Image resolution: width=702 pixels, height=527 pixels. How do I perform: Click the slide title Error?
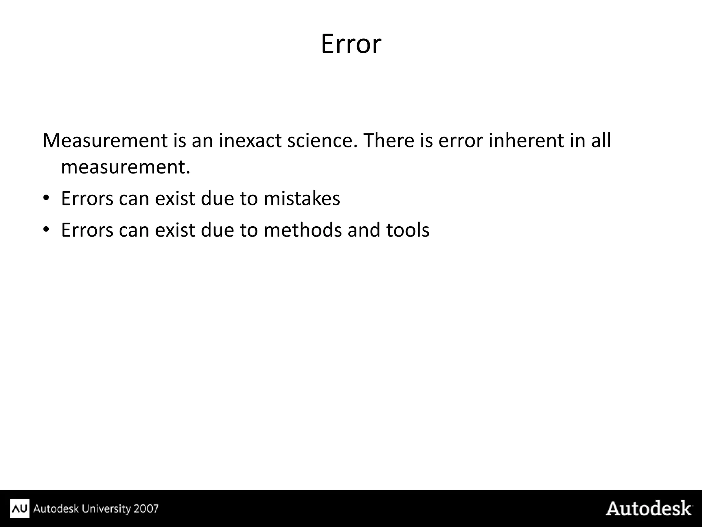[351, 44]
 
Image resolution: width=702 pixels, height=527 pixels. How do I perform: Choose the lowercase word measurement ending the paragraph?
[125, 167]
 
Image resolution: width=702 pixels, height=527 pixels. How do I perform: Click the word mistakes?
[302, 199]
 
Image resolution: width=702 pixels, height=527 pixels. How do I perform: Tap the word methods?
[303, 230]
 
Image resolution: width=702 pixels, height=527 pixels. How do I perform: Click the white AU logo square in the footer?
[20, 508]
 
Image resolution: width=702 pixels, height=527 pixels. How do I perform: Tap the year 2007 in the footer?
[146, 508]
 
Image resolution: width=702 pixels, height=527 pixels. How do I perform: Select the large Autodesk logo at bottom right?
[649, 508]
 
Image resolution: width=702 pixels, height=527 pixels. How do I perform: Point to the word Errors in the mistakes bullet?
[87, 199]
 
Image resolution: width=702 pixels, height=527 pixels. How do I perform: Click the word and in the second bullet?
[364, 230]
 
